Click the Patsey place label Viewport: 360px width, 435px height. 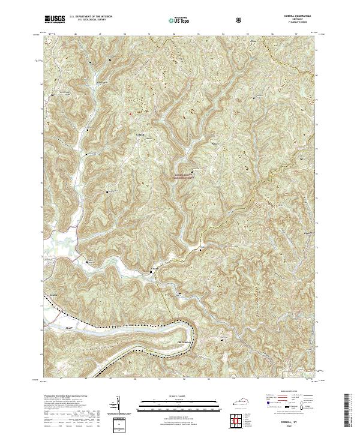tap(200, 143)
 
